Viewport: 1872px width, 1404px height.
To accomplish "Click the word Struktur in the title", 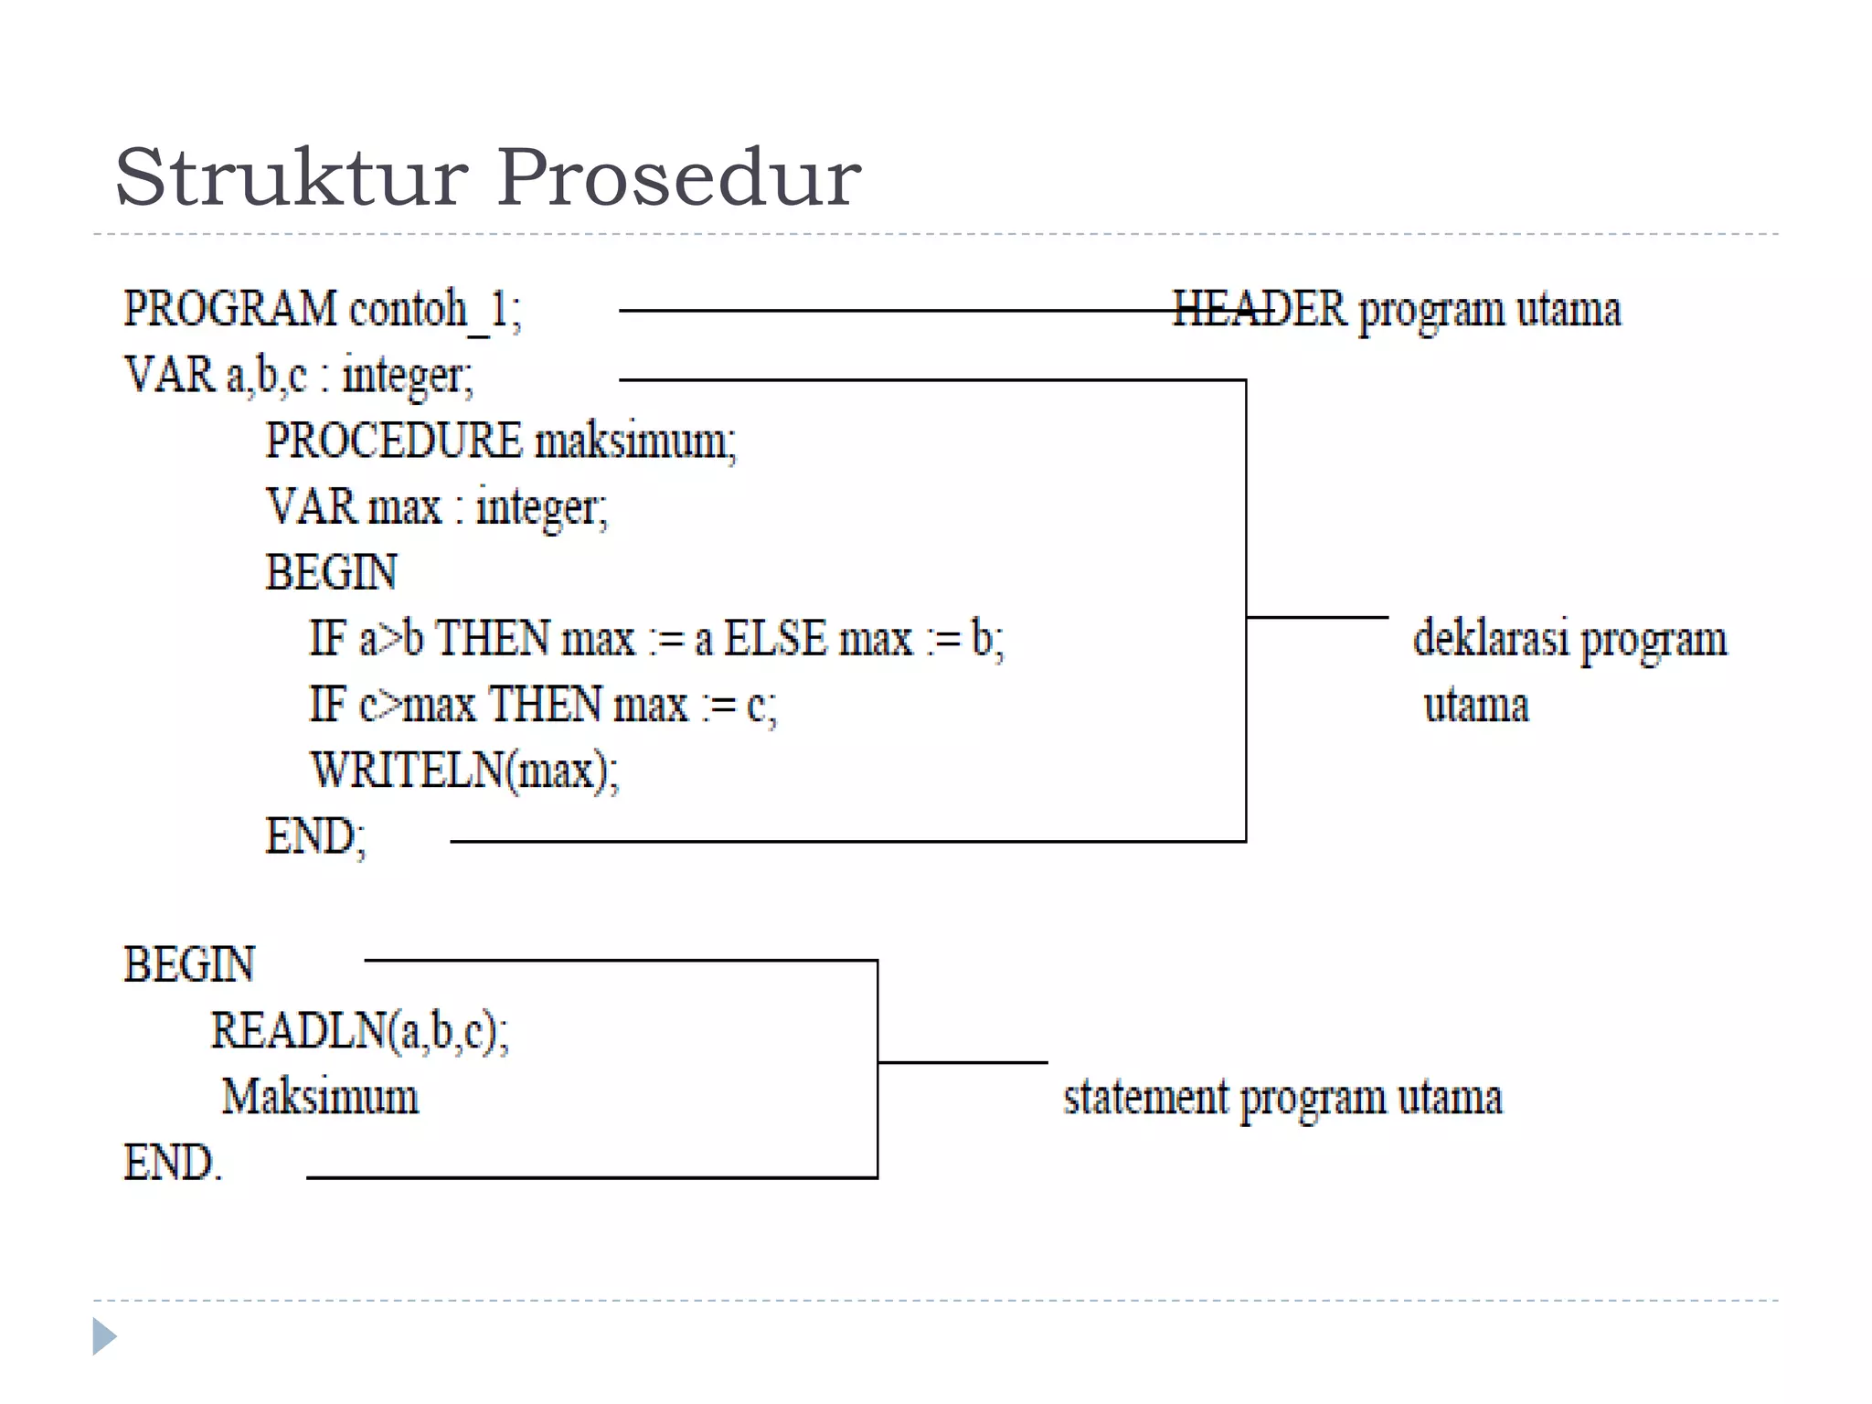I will (291, 177).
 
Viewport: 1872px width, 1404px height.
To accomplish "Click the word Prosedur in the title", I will (678, 177).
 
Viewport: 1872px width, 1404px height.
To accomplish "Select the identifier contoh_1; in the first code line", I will (435, 310).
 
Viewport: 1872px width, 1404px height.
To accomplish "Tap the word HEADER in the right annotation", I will (1260, 310).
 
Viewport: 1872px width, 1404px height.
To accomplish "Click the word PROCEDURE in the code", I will (393, 441).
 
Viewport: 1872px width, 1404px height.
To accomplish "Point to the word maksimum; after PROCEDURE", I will (634, 441).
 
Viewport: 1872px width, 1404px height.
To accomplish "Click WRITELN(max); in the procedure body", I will (464, 771).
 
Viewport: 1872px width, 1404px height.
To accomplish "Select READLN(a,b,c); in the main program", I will (359, 1031).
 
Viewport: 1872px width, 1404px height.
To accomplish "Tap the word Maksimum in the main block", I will (320, 1097).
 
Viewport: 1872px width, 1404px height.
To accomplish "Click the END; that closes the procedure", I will (315, 836).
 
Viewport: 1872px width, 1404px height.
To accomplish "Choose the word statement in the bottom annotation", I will (1146, 1097).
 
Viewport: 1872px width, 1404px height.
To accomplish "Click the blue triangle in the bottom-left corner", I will (104, 1336).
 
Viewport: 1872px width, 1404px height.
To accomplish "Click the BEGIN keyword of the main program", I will (189, 965).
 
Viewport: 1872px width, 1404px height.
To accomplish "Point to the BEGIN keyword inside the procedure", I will (331, 573).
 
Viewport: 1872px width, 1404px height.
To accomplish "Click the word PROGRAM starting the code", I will (230, 310).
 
